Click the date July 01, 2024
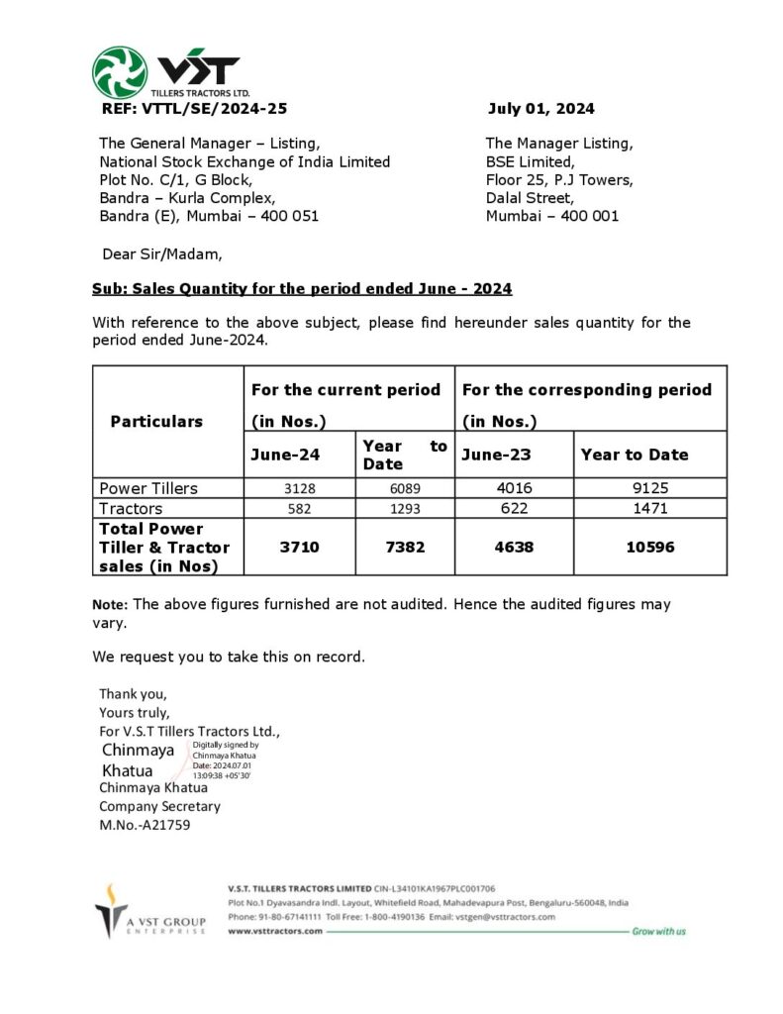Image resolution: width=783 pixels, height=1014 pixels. (x=540, y=109)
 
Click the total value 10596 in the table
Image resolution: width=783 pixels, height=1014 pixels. (x=650, y=547)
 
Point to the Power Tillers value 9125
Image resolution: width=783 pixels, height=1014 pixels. (x=650, y=488)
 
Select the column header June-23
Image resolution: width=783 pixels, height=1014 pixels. (x=493, y=455)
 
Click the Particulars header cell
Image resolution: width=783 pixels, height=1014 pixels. (x=156, y=421)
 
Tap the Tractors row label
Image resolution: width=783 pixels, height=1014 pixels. (x=131, y=509)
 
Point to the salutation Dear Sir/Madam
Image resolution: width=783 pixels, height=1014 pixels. (x=162, y=253)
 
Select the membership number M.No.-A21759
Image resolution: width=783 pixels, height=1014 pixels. (x=145, y=824)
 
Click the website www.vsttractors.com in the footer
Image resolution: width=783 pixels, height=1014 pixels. (x=275, y=932)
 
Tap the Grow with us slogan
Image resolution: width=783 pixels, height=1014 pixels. (x=658, y=932)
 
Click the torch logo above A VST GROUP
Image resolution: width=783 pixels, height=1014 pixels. (x=111, y=906)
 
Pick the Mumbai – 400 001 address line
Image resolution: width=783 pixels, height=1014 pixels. (x=551, y=216)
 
